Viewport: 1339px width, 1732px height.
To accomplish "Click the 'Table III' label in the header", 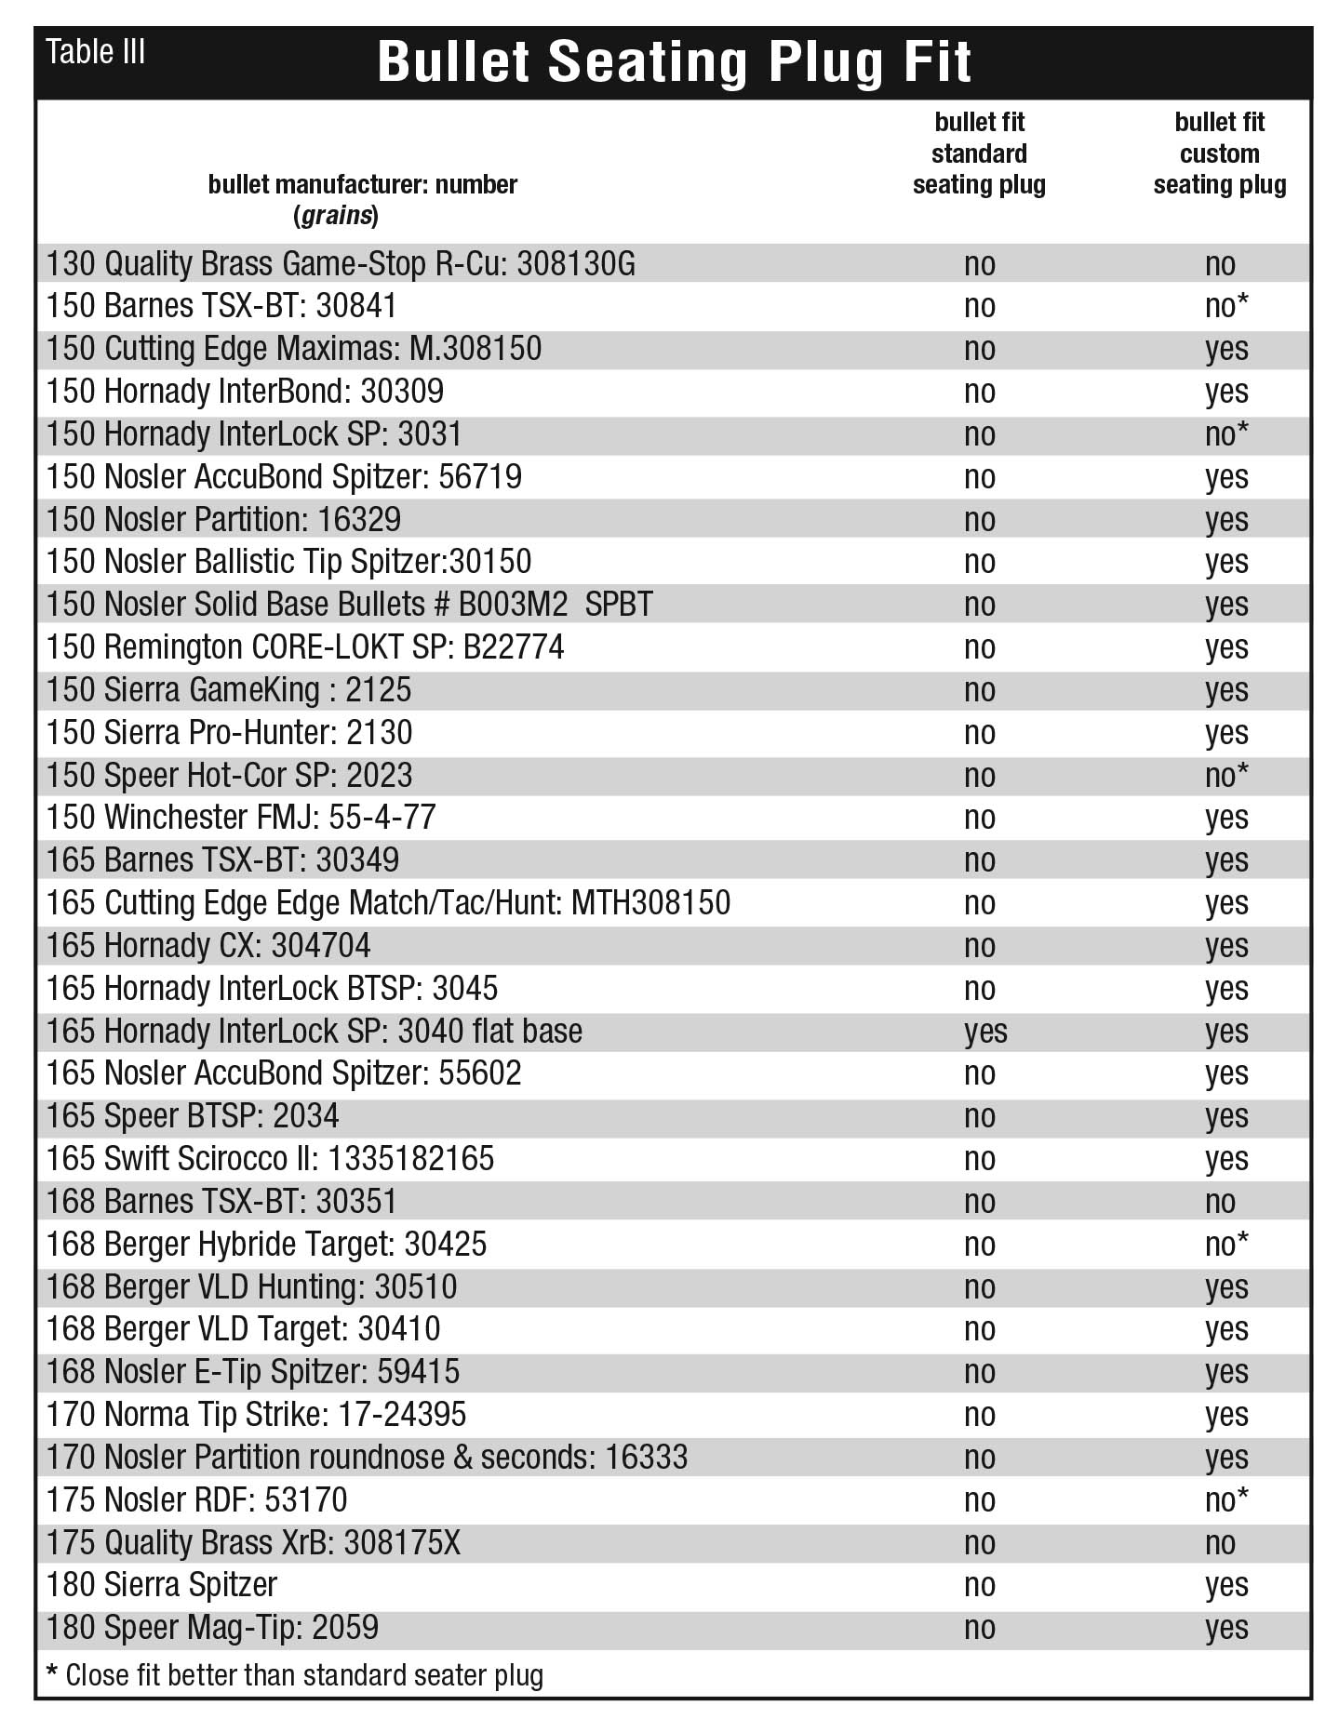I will [x=95, y=52].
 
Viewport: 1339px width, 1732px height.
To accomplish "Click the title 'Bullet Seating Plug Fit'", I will [x=674, y=63].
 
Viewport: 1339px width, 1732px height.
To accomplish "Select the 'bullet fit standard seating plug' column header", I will [x=979, y=153].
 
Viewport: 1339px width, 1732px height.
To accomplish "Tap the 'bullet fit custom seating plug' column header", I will [x=1219, y=153].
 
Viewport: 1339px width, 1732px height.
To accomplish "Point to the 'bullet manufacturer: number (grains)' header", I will [x=362, y=199].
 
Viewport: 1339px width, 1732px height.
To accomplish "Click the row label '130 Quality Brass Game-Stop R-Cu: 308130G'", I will [x=341, y=264].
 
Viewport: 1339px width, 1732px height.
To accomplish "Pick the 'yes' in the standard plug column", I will [x=985, y=1032].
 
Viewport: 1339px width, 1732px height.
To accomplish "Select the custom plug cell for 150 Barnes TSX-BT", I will [x=1225, y=307].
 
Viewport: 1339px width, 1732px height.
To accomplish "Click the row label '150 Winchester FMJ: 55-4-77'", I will [x=241, y=818].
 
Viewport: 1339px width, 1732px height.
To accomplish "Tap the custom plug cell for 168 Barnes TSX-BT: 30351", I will [x=1220, y=1202].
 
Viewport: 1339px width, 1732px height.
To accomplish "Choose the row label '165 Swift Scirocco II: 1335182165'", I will [x=270, y=1159].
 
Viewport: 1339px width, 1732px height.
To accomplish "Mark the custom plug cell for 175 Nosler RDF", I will [x=1225, y=1500].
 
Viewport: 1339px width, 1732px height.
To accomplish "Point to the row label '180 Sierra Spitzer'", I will [x=162, y=1585].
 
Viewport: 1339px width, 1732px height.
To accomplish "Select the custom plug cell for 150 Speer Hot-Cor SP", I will [x=1225, y=776].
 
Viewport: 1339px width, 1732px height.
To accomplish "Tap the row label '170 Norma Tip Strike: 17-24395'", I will [x=256, y=1415].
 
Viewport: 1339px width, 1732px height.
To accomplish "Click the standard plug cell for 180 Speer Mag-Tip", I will [x=980, y=1628].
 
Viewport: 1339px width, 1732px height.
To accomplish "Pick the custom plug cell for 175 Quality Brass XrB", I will [x=1220, y=1543].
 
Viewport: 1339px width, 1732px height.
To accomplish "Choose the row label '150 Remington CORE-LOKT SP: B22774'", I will [x=305, y=647].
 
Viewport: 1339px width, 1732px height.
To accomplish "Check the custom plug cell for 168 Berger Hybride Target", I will [x=1225, y=1245].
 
